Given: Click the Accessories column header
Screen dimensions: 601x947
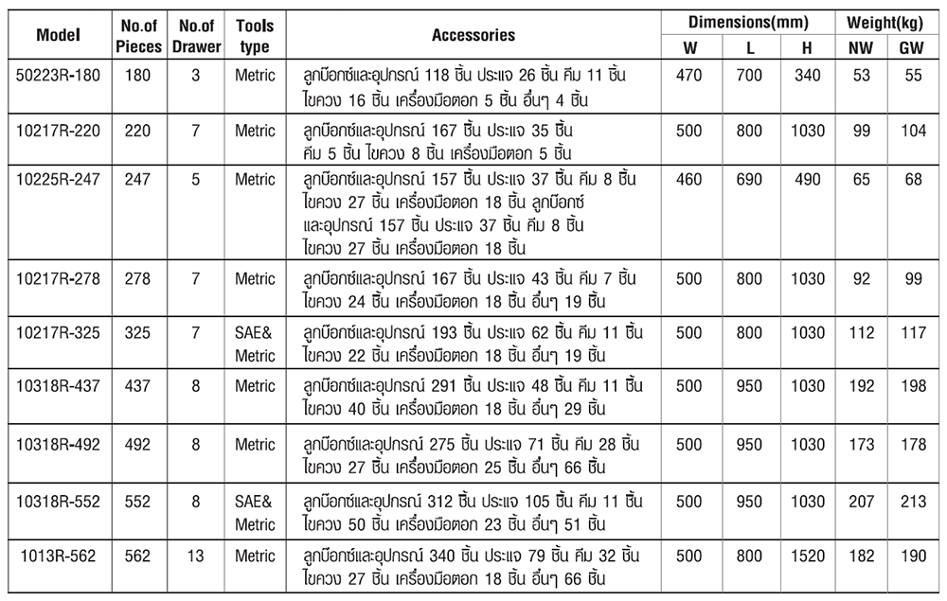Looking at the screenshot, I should (x=473, y=35).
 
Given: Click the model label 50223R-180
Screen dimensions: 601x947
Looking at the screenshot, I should (x=59, y=75).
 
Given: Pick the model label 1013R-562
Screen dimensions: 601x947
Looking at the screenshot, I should (x=59, y=557).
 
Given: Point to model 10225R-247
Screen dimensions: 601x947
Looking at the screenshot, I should (x=59, y=179).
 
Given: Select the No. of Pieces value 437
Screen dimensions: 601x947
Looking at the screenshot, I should (x=137, y=385).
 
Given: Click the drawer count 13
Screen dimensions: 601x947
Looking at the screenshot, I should (x=196, y=557).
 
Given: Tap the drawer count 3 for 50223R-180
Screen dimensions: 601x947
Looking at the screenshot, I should (x=196, y=75).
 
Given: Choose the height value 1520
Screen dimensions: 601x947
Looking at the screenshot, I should (x=807, y=557).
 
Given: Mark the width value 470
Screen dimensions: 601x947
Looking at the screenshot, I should (x=688, y=75).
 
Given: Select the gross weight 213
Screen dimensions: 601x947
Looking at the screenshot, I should (x=913, y=501).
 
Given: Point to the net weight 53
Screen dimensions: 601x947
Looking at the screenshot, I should (x=861, y=75).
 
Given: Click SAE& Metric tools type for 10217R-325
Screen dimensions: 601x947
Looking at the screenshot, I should (x=255, y=344).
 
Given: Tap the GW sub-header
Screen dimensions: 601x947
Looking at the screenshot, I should (x=913, y=48).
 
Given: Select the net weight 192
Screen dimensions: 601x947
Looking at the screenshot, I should (x=861, y=385).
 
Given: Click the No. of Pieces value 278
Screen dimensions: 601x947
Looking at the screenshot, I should (x=137, y=278).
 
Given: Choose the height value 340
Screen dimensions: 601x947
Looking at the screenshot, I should (x=807, y=75).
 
